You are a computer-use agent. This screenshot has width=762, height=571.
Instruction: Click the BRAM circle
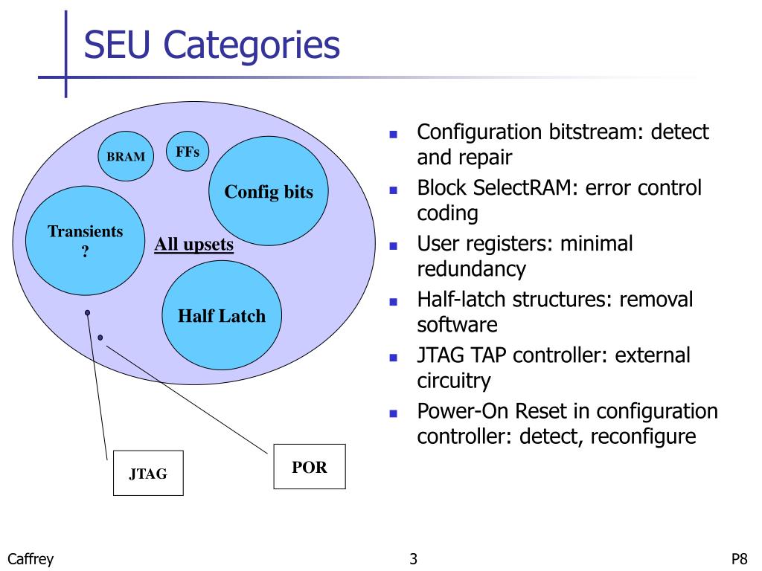[126, 156]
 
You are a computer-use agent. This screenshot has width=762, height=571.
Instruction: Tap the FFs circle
[188, 151]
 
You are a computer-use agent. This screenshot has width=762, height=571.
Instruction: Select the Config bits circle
[268, 191]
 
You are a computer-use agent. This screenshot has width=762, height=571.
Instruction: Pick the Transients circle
[85, 240]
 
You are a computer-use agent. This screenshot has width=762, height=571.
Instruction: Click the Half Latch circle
[222, 315]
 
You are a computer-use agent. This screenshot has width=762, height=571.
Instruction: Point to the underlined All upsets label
[194, 244]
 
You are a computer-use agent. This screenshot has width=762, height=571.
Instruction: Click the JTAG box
[148, 473]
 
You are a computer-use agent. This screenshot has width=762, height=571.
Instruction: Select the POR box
[310, 466]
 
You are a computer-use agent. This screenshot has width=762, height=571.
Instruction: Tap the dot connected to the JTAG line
[88, 313]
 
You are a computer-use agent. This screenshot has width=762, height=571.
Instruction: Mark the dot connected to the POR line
[100, 337]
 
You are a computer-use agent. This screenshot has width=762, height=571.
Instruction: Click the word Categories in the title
[252, 45]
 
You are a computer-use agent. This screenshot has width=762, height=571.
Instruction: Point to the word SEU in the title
[117, 44]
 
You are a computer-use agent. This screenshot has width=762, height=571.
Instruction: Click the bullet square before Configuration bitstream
[394, 135]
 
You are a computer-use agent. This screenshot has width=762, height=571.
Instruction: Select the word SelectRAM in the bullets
[525, 187]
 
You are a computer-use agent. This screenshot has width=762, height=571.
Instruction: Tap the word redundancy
[471, 268]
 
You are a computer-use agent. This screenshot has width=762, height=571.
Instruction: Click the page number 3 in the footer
[413, 559]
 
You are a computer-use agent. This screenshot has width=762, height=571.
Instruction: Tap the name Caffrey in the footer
[30, 559]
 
